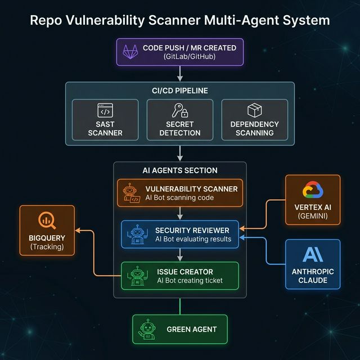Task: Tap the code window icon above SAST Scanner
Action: click(x=105, y=110)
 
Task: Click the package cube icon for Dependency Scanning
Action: click(x=254, y=110)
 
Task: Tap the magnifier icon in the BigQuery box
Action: click(x=47, y=220)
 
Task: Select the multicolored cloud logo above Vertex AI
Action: click(x=312, y=190)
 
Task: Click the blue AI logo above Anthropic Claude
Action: click(x=313, y=255)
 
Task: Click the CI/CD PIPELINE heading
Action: click(x=180, y=90)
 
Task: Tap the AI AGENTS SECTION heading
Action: click(x=180, y=170)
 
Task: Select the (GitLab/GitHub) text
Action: click(x=190, y=57)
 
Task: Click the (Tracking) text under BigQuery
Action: click(x=47, y=247)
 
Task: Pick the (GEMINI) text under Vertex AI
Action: click(x=312, y=216)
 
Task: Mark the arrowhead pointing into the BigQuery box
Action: click(x=78, y=231)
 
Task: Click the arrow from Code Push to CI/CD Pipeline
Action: click(x=180, y=73)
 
